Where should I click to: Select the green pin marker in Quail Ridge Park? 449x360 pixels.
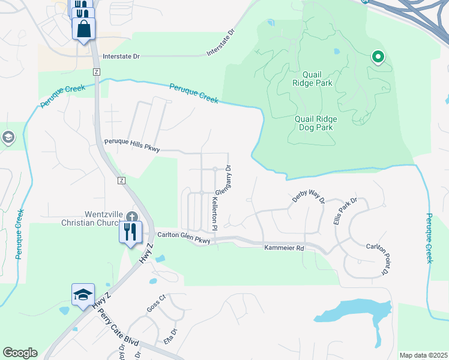[x=378, y=58]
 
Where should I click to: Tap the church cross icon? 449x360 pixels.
[x=133, y=217]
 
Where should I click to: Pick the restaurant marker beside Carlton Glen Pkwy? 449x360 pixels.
[x=130, y=232]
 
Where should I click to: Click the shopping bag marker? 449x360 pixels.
[x=83, y=28]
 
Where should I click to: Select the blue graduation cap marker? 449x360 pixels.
[x=83, y=295]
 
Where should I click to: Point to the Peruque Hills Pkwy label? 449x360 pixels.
[x=132, y=145]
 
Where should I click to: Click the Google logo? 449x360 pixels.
[x=20, y=353]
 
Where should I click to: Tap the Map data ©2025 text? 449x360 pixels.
[x=423, y=355]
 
